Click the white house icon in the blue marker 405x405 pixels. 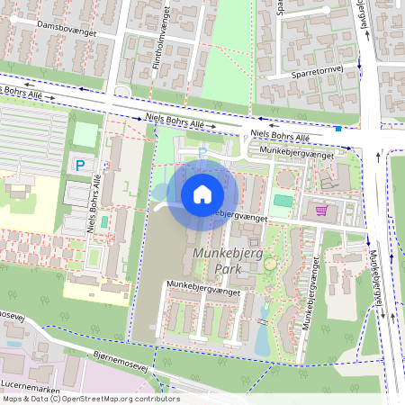click(x=202, y=193)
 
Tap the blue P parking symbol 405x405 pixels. click(x=80, y=165)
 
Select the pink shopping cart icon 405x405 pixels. click(x=321, y=211)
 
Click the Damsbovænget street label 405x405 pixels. click(x=67, y=29)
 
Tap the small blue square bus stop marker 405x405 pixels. click(x=337, y=129)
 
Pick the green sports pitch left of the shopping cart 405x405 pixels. click(x=283, y=200)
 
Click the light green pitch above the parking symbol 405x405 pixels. click(x=84, y=135)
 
